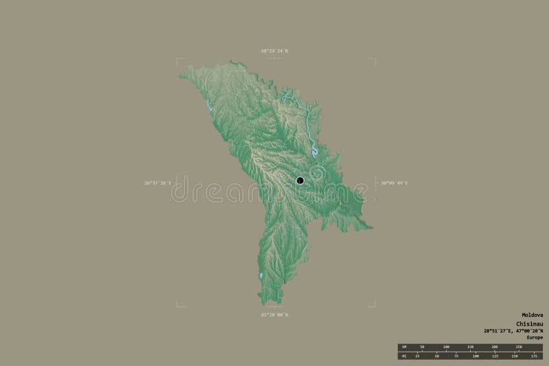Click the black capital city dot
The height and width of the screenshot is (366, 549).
coord(300,180)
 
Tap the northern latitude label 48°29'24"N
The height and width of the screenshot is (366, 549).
coord(274,51)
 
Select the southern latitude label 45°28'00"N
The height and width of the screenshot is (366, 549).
coord(274,315)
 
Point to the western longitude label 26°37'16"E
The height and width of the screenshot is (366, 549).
coord(157,183)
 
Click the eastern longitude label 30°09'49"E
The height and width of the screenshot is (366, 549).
coord(394,183)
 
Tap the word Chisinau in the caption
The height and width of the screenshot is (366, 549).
coord(529,324)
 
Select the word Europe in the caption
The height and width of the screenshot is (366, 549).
coord(535,337)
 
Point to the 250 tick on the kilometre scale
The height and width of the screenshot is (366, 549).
coord(519,347)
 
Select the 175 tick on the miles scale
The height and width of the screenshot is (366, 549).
coord(533,356)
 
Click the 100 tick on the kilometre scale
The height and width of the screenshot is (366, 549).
coord(446,347)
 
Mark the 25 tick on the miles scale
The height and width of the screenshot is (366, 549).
coord(417,356)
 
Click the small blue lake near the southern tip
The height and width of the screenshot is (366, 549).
coord(260,276)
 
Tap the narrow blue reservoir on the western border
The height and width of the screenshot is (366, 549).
coord(207,106)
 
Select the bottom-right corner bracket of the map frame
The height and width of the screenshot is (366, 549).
coord(373,305)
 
